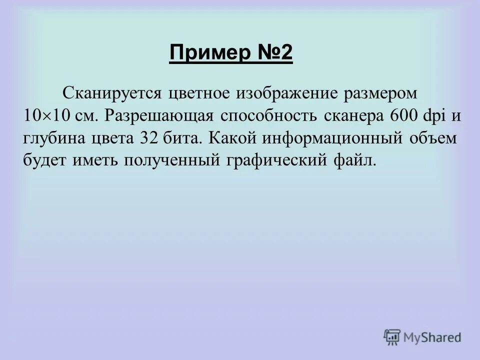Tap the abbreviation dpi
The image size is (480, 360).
click(x=429, y=115)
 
